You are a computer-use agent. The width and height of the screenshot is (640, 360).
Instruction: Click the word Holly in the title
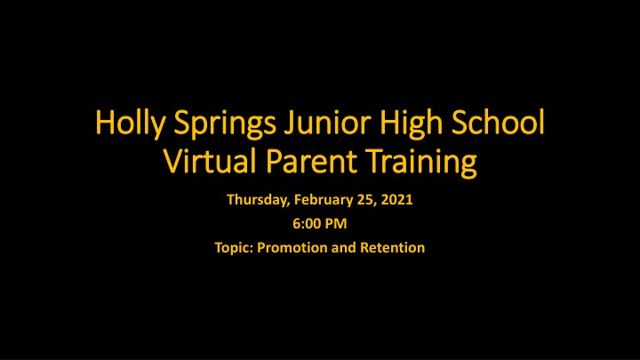(124, 126)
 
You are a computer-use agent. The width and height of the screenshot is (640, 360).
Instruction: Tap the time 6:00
(306, 225)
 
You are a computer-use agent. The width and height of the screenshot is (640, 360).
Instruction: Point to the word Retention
(391, 248)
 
